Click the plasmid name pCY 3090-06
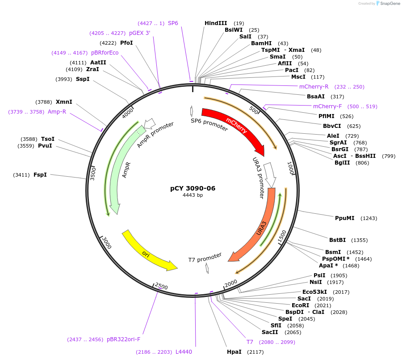tap(193, 188)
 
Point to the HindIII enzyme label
tap(216, 23)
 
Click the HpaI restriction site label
tap(234, 352)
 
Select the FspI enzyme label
tap(40, 174)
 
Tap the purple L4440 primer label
tap(184, 352)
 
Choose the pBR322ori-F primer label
tap(123, 339)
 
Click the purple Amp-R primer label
tap(57, 112)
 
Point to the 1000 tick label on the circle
tap(290, 169)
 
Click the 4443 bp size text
tap(193, 195)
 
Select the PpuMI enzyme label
tap(344, 218)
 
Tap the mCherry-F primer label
tap(327, 106)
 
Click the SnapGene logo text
tap(389, 4)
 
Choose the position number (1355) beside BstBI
tap(359, 240)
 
